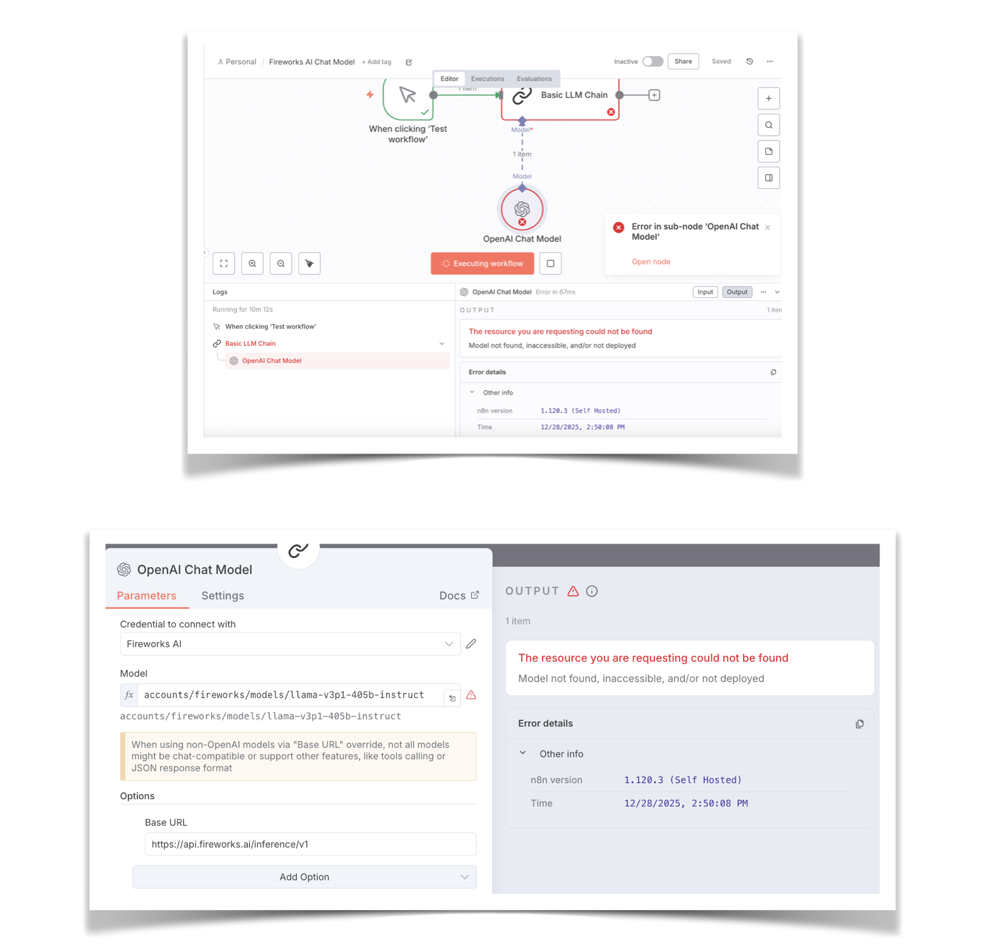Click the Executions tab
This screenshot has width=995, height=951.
pyautogui.click(x=487, y=79)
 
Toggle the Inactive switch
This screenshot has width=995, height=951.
pyautogui.click(x=653, y=61)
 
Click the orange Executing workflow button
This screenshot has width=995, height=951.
pyautogui.click(x=482, y=263)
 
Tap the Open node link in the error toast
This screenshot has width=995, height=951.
pyautogui.click(x=651, y=261)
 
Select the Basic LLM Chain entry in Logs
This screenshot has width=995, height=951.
pyautogui.click(x=251, y=344)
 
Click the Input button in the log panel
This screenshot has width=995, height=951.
pyautogui.click(x=705, y=292)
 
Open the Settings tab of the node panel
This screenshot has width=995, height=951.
pyautogui.click(x=223, y=596)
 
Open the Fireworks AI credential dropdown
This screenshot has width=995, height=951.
pyautogui.click(x=289, y=644)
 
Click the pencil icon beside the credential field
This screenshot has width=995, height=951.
pyautogui.click(x=471, y=644)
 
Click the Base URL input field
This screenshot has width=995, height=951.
pyautogui.click(x=310, y=844)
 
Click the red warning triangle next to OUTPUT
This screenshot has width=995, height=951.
pyautogui.click(x=573, y=591)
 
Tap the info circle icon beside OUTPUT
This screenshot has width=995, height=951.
pyautogui.click(x=592, y=591)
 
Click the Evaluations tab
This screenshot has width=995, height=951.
pyautogui.click(x=534, y=79)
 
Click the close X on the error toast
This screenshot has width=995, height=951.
pyautogui.click(x=768, y=227)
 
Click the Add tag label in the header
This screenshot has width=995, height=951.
pyautogui.click(x=377, y=62)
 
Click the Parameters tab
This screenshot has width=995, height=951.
pyautogui.click(x=147, y=596)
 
